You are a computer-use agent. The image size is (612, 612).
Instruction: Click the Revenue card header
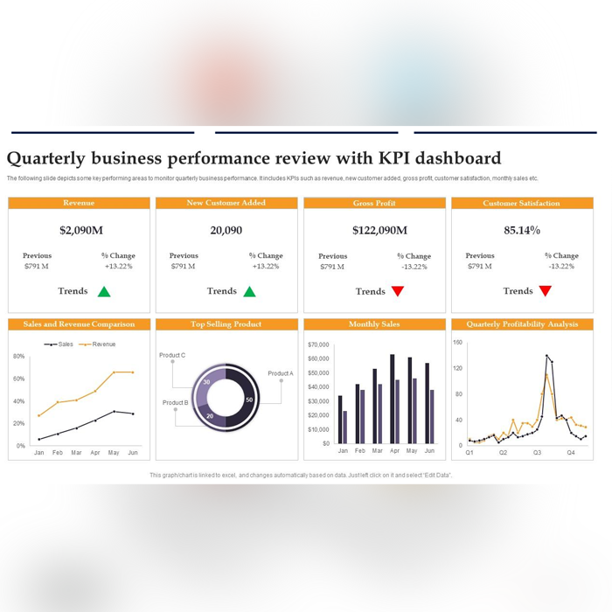click(x=79, y=203)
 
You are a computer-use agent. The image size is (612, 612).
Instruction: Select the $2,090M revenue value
click(x=81, y=231)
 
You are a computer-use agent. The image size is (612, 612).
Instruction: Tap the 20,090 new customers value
click(x=226, y=231)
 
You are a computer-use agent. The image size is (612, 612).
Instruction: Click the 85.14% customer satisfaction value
click(x=522, y=231)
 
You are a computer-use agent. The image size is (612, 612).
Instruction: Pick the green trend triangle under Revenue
click(x=104, y=292)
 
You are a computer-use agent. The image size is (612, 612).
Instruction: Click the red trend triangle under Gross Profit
click(x=398, y=292)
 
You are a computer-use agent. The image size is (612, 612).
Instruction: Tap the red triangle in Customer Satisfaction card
click(x=546, y=291)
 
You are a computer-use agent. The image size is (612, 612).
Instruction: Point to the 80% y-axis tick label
click(x=18, y=357)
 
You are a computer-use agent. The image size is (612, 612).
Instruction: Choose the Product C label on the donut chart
click(x=172, y=356)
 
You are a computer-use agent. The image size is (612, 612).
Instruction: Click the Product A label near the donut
click(x=281, y=373)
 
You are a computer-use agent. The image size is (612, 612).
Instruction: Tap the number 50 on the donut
click(x=249, y=400)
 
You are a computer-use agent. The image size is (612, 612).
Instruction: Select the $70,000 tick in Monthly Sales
click(x=319, y=344)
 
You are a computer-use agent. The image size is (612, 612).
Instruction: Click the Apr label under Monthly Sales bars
click(x=394, y=451)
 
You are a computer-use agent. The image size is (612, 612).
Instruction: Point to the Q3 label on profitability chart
click(x=537, y=453)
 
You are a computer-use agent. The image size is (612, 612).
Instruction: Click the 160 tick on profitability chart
click(x=457, y=343)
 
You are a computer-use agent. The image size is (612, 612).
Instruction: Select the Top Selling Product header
click(x=226, y=324)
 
